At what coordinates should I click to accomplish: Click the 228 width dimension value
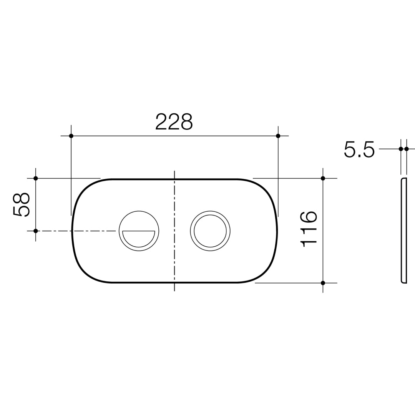[174, 122]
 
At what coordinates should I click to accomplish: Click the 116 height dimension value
[308, 229]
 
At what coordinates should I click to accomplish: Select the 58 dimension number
[21, 205]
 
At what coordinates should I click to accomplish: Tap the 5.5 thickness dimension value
[359, 149]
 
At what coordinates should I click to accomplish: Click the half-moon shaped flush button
[139, 238]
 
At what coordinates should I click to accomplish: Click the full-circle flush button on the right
[210, 231]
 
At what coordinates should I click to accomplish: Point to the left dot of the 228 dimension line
[71, 136]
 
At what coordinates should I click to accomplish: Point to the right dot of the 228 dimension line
[278, 136]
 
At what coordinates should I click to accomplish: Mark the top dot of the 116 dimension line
[323, 178]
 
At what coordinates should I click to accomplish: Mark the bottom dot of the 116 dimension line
[323, 283]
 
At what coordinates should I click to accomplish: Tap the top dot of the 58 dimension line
[36, 178]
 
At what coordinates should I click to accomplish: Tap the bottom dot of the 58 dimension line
[36, 231]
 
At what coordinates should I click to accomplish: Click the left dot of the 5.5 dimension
[401, 149]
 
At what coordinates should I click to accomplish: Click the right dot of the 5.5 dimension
[407, 149]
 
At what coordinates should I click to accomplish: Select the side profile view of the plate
[404, 231]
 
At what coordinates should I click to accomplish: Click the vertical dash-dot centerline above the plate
[174, 175]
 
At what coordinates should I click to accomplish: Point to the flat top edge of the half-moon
[139, 231]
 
